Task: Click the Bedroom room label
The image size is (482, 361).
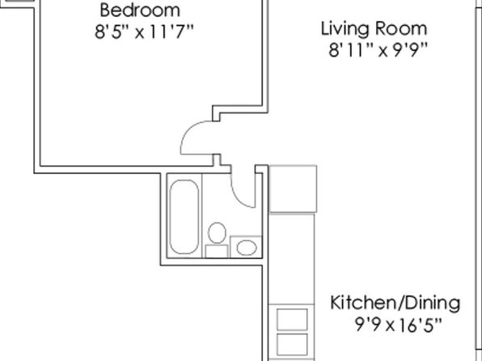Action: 140,10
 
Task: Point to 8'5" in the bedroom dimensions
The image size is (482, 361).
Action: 110,32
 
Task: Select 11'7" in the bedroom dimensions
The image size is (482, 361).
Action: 171,32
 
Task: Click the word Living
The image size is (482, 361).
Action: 345,29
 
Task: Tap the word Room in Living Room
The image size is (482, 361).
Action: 401,28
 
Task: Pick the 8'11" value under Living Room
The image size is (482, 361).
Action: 351,50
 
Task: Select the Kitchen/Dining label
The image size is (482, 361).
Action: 395,304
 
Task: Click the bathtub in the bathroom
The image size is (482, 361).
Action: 184,217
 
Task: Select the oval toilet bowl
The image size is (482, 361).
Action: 217,233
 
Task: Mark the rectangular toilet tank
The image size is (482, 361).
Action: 217,251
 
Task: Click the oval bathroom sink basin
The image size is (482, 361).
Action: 247,248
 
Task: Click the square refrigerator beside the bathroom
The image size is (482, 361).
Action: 293,189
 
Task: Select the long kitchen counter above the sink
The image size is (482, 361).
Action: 291,259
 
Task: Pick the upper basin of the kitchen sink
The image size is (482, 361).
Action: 292,320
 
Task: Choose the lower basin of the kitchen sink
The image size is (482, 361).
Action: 292,344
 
